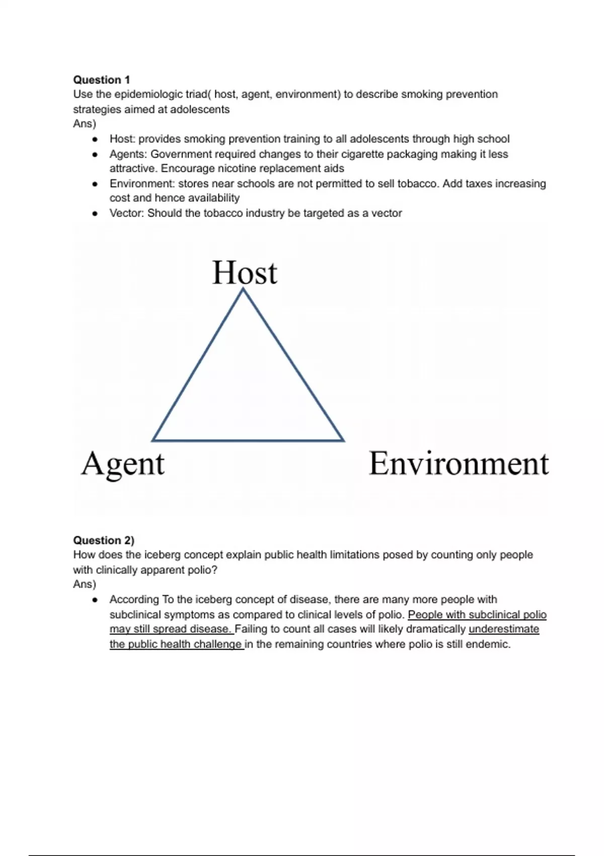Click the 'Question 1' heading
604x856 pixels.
pyautogui.click(x=101, y=80)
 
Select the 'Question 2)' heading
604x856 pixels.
pyautogui.click(x=104, y=540)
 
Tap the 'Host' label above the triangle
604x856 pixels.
pyautogui.click(x=245, y=272)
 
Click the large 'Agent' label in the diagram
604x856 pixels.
pyautogui.click(x=123, y=463)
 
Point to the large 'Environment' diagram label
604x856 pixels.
pyautogui.click(x=459, y=463)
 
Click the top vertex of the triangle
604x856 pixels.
pyautogui.click(x=244, y=289)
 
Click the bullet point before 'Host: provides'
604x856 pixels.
pyautogui.click(x=95, y=139)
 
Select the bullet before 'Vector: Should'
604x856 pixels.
pyautogui.click(x=95, y=213)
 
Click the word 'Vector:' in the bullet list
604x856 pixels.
pyautogui.click(x=127, y=213)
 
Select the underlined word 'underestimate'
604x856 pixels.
pyautogui.click(x=503, y=629)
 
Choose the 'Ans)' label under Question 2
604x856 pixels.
pyautogui.click(x=85, y=584)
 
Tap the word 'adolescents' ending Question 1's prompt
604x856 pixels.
pyautogui.click(x=200, y=109)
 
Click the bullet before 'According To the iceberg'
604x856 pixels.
pyautogui.click(x=95, y=600)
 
